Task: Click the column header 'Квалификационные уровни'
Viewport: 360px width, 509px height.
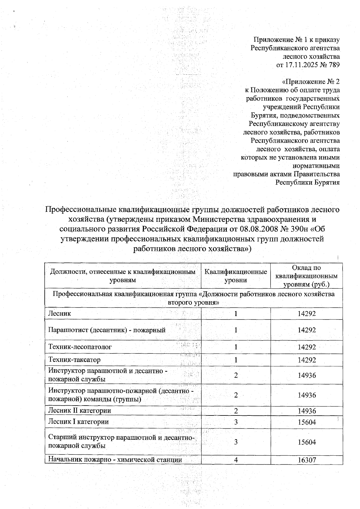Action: pyautogui.click(x=236, y=276)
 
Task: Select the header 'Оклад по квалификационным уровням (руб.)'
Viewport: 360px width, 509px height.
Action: pyautogui.click(x=306, y=276)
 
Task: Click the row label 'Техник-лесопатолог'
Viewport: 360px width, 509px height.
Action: pyautogui.click(x=80, y=347)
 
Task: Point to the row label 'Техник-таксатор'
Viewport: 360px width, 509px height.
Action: pyautogui.click(x=74, y=360)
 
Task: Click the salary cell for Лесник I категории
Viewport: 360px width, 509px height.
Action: pyautogui.click(x=307, y=422)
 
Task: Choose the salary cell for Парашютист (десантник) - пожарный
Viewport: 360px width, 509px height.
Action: pyautogui.click(x=307, y=330)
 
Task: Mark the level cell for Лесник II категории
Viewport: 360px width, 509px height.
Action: pyautogui.click(x=236, y=411)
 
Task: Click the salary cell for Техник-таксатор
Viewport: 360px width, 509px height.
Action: pyautogui.click(x=307, y=360)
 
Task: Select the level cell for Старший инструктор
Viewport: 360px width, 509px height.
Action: pyautogui.click(x=236, y=442)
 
